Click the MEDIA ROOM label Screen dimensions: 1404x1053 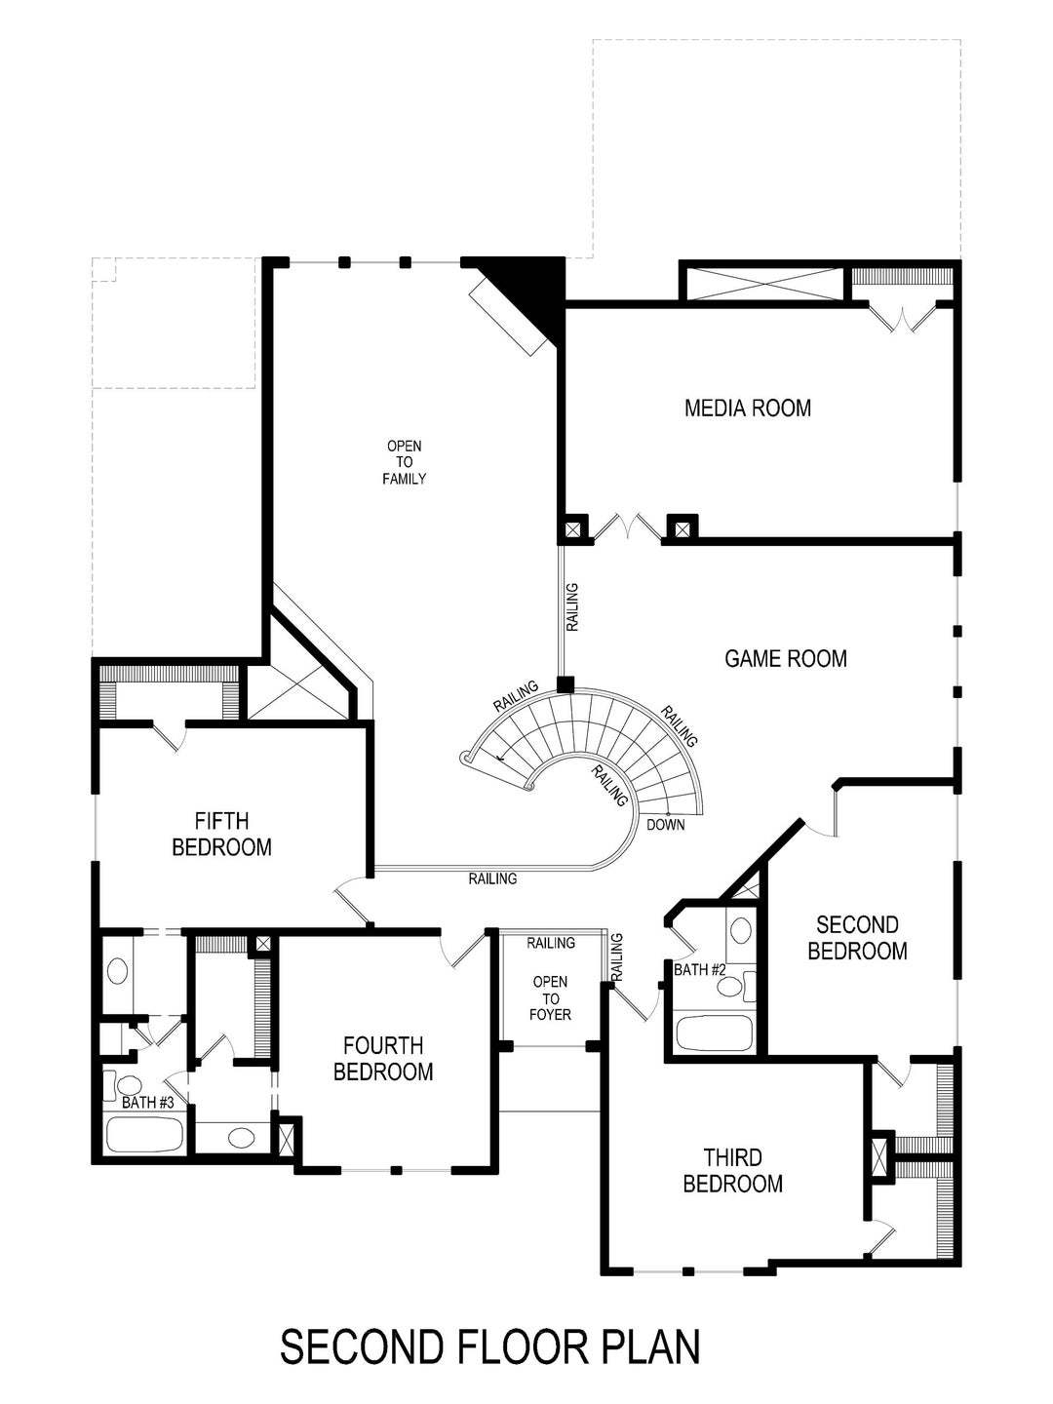[x=748, y=408]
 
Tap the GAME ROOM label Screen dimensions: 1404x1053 [x=786, y=659]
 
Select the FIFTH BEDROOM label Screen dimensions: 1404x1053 [x=221, y=834]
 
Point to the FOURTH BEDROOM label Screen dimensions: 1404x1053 [x=383, y=1059]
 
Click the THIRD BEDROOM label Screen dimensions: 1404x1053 [x=732, y=1171]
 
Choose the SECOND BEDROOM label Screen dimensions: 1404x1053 [x=857, y=937]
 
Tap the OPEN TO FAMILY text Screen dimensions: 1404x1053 [x=404, y=462]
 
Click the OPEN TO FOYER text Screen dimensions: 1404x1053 [x=551, y=998]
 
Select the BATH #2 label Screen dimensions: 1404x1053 [x=701, y=970]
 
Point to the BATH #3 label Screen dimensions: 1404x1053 [x=148, y=1103]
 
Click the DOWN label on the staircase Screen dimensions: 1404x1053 [x=665, y=825]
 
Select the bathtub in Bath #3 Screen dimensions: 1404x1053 [x=144, y=1135]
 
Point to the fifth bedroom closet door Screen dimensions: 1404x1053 [x=168, y=734]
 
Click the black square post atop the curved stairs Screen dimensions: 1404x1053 [x=565, y=684]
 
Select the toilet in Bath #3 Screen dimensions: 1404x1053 [x=127, y=1085]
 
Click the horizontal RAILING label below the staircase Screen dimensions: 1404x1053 [x=492, y=878]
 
